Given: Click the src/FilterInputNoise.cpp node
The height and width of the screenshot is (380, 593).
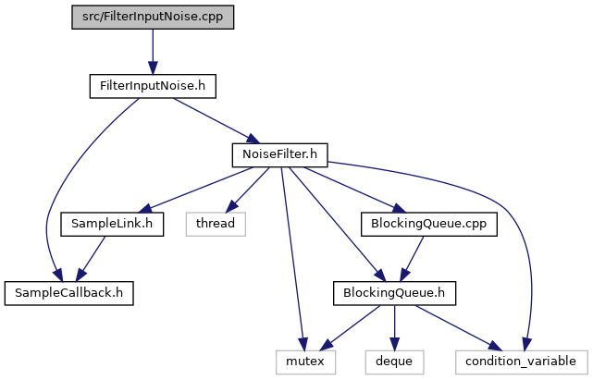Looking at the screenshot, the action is point(153,17).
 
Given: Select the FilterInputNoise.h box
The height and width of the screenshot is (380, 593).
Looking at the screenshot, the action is point(153,86).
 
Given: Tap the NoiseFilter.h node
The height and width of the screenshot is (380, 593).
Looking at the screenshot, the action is point(280,154).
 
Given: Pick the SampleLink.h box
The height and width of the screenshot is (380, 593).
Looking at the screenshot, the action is point(112,224).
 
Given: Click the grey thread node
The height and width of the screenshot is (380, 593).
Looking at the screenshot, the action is point(216,224).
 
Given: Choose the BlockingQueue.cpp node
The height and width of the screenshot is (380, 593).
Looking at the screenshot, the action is point(429,224).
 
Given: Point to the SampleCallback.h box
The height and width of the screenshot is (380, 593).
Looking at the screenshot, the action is point(68,293).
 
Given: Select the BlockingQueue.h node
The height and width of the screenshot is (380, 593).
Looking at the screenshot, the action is point(394,293).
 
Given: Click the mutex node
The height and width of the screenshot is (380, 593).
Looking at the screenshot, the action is point(305,362).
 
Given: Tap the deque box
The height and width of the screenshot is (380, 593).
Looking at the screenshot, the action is point(394,362).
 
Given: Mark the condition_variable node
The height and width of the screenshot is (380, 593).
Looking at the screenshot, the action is point(522,362).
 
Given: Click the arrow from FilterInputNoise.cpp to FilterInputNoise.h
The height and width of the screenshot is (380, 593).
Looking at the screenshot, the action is point(153,52).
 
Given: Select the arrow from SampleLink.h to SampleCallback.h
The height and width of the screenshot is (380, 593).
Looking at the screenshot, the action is point(91,259).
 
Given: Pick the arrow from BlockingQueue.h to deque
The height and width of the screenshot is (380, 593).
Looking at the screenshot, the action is point(394,328).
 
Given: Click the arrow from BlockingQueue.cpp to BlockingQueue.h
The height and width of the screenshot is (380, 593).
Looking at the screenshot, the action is point(412,259).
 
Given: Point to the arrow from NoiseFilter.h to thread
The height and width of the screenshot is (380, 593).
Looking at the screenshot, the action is point(248,190).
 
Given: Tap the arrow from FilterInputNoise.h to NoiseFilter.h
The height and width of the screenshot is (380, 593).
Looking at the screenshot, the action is point(216,120).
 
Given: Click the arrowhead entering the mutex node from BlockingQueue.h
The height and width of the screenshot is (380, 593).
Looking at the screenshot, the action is point(327,344).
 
